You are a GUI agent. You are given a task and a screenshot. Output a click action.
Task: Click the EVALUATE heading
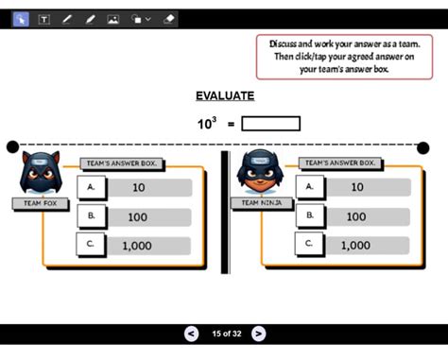pyautogui.click(x=224, y=95)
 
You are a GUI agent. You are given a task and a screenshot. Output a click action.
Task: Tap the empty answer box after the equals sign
pyautogui.click(x=271, y=124)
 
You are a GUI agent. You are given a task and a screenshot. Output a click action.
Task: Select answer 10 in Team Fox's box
pyautogui.click(x=139, y=188)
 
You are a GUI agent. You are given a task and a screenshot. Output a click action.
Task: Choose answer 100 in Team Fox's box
pyautogui.click(x=139, y=216)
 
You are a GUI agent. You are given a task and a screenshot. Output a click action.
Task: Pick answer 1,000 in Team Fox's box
pyautogui.click(x=139, y=246)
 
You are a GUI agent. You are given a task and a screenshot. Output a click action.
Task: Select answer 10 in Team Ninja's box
pyautogui.click(x=356, y=187)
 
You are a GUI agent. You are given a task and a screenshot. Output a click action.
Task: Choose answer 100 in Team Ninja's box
pyautogui.click(x=356, y=216)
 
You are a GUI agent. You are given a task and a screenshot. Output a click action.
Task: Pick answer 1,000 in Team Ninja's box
pyautogui.click(x=356, y=246)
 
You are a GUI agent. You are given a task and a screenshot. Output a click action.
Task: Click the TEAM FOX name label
pyautogui.click(x=40, y=203)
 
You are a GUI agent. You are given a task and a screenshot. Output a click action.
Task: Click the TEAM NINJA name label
pyautogui.click(x=262, y=203)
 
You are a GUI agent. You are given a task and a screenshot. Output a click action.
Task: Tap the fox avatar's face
pyautogui.click(x=39, y=173)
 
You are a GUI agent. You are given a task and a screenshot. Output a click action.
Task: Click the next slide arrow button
pyautogui.click(x=258, y=334)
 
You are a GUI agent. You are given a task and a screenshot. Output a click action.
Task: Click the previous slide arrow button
pyautogui.click(x=191, y=334)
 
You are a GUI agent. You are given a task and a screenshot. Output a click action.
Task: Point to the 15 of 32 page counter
pyautogui.click(x=225, y=334)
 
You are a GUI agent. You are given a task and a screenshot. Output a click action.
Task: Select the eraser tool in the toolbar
pyautogui.click(x=169, y=19)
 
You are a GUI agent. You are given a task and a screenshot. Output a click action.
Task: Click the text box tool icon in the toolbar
pyautogui.click(x=43, y=19)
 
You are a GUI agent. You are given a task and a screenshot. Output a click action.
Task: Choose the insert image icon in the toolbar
pyautogui.click(x=112, y=19)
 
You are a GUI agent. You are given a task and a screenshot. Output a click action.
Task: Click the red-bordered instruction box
pyautogui.click(x=336, y=57)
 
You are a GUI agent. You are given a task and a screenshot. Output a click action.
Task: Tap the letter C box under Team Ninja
pyautogui.click(x=309, y=246)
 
